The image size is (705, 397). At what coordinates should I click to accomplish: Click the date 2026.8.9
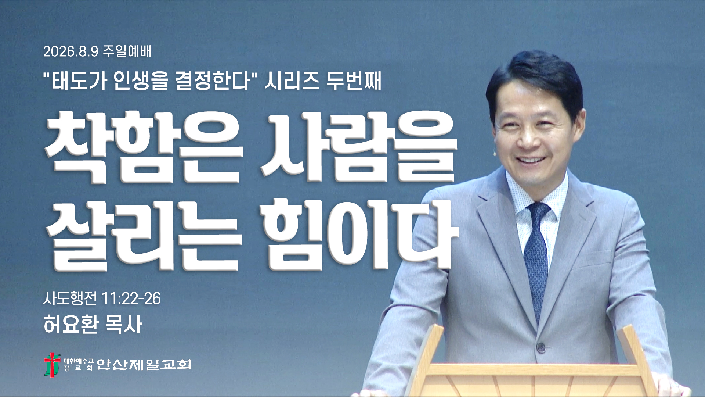point(71,51)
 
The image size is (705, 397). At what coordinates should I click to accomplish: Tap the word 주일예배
point(127,51)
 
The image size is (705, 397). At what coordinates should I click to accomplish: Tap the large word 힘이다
point(360,235)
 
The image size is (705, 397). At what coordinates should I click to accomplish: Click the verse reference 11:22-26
point(131,298)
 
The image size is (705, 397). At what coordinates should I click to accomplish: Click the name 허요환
point(71,324)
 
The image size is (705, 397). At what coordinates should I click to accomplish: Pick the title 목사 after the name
point(123,324)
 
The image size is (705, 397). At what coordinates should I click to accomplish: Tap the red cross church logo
point(52,365)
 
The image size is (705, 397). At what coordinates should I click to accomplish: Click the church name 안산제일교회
point(144,364)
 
